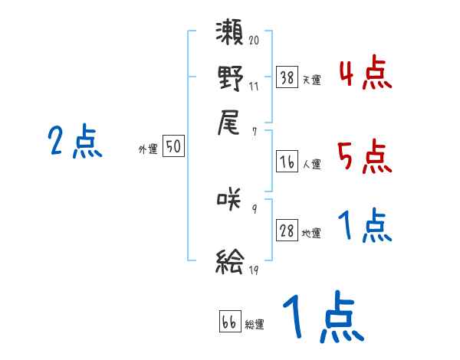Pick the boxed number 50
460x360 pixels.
tap(173, 147)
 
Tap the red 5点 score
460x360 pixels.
tap(365, 157)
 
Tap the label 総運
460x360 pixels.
tap(255, 325)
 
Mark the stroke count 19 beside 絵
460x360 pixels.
tap(254, 270)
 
